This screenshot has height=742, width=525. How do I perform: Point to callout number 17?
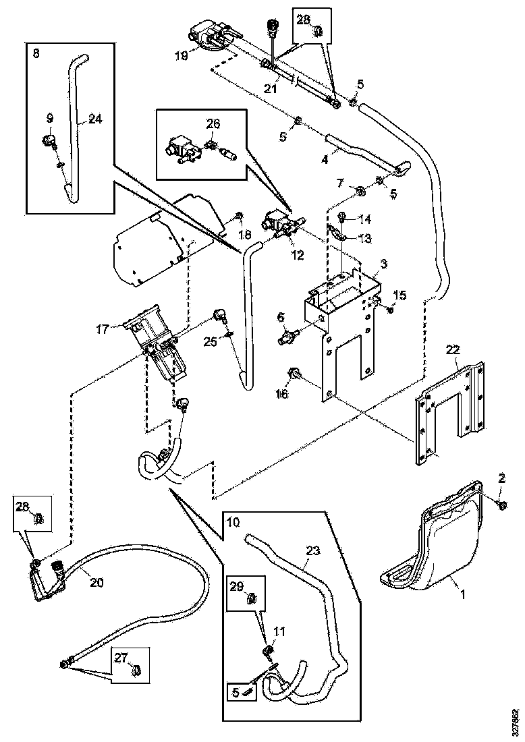pos(103,330)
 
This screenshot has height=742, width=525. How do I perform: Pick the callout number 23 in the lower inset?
pos(312,550)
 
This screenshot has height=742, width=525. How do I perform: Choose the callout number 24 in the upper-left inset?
pos(95,119)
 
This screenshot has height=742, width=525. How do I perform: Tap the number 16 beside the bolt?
pos(281,393)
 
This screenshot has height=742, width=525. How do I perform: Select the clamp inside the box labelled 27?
pos(135,670)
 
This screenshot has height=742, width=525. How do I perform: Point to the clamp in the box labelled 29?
pos(254,597)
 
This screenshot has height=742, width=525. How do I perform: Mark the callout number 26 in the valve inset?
pos(213,124)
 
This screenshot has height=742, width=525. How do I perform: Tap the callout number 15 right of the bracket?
pos(399,295)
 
